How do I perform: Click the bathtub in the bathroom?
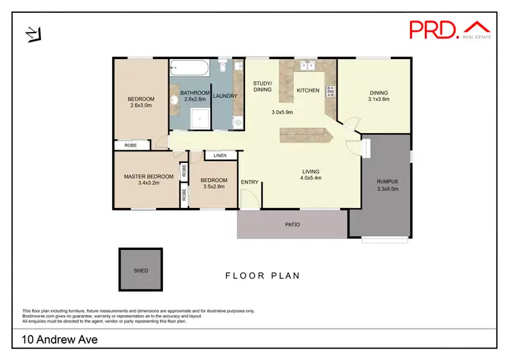coord(190,67)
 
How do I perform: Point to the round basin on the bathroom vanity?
coord(174,100)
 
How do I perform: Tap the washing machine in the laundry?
coord(237,122)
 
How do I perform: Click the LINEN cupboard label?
coord(220,156)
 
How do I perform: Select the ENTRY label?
coord(250,181)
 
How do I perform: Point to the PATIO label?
coord(293,224)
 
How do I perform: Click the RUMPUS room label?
coord(387,181)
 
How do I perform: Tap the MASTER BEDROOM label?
coord(148,177)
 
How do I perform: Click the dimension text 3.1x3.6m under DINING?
coord(379,99)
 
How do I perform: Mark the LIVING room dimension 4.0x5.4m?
coord(311,178)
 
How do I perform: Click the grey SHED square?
coord(140,270)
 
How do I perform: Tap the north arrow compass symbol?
coord(33,33)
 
